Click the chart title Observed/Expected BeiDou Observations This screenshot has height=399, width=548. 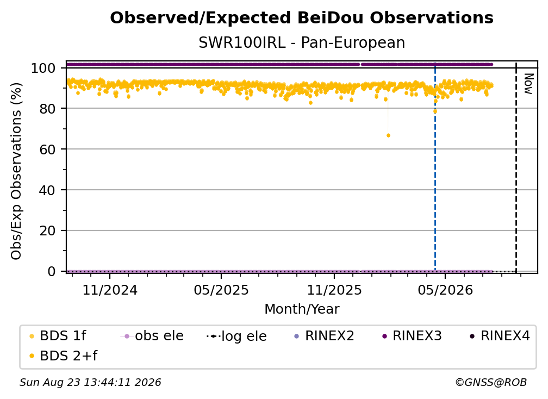302,18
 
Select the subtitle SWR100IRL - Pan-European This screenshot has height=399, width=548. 302,42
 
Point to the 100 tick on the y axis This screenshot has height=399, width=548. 43,68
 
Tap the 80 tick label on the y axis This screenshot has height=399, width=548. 47,109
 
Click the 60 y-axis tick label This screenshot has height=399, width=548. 47,149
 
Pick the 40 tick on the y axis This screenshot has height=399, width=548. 47,190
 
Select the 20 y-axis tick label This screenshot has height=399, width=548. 47,230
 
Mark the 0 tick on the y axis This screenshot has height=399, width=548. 52,271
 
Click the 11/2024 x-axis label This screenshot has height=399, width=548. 110,290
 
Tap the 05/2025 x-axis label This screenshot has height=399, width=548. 221,290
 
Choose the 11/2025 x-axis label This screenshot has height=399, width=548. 334,290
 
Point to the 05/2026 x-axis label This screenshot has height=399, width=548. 445,290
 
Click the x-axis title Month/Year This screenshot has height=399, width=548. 302,309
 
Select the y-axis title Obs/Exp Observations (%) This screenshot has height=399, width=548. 16,171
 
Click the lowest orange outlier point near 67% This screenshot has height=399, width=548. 388,135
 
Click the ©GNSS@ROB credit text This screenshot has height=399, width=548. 491,382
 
